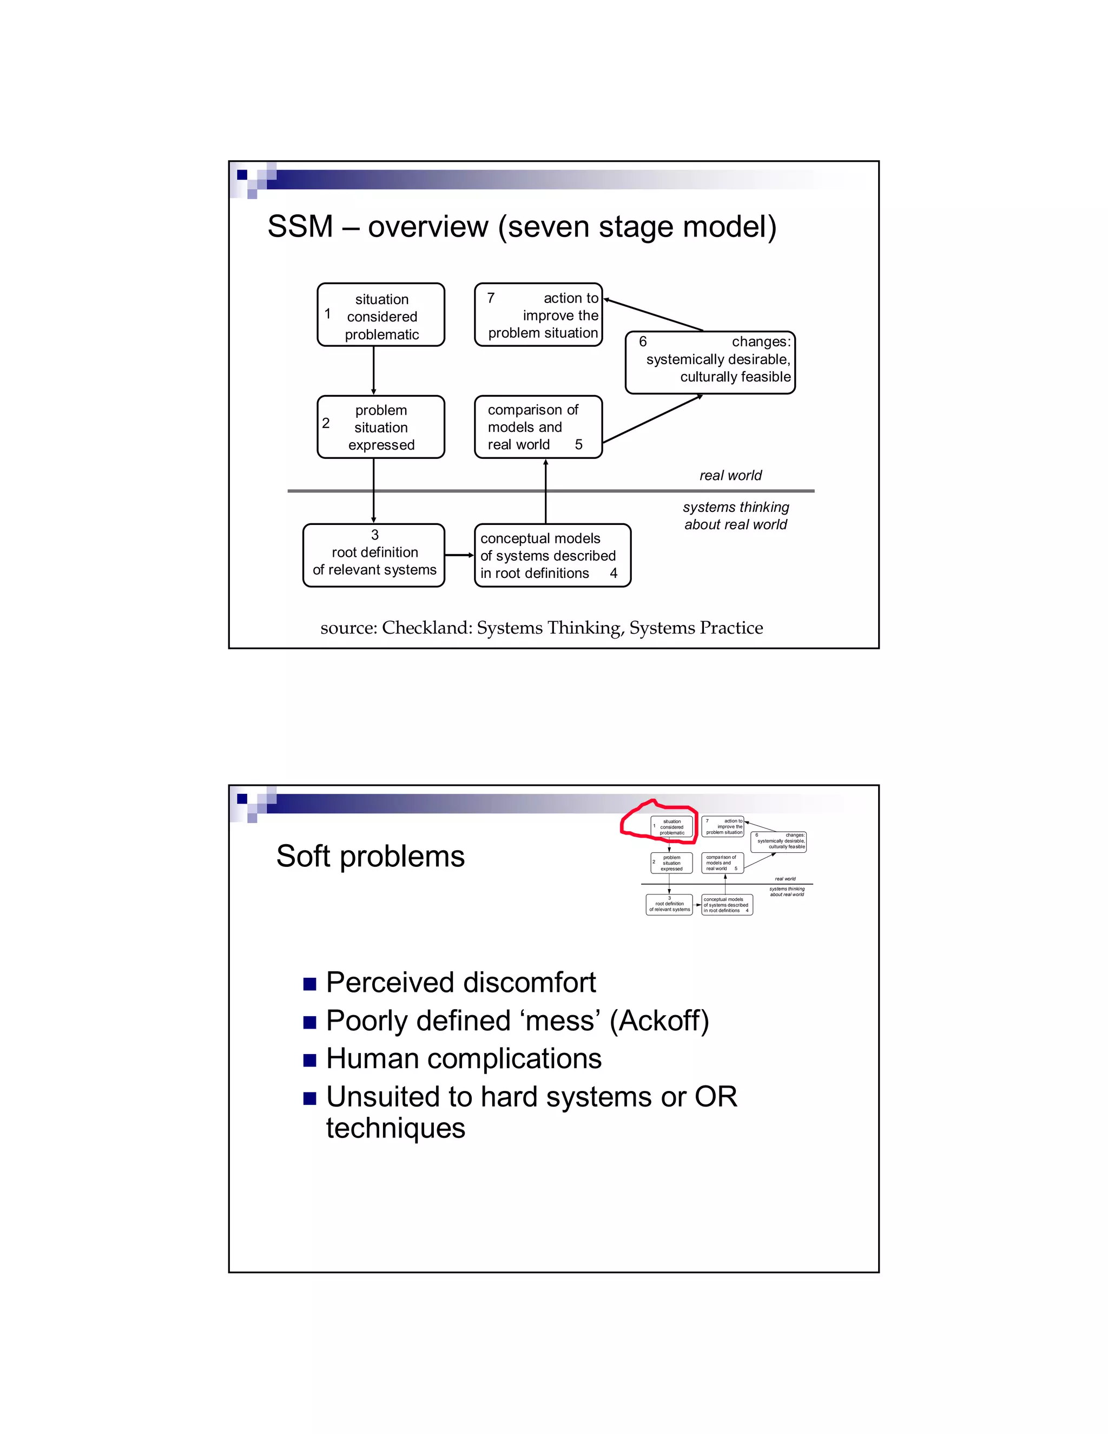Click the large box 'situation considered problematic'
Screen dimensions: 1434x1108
(x=381, y=315)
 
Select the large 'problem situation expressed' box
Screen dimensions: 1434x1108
(x=381, y=427)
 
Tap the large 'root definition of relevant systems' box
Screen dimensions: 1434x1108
(x=373, y=555)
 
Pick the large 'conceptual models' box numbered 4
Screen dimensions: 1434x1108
(x=552, y=555)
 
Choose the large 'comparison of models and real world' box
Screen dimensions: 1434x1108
(x=538, y=427)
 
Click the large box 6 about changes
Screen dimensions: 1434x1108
(x=710, y=363)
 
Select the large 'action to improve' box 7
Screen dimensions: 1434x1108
(x=538, y=315)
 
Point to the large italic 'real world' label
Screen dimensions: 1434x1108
(x=730, y=475)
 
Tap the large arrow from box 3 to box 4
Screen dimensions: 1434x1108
(x=459, y=555)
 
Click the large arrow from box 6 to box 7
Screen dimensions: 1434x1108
(x=653, y=314)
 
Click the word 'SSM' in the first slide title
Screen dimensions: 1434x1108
(x=300, y=227)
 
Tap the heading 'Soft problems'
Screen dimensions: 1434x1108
(x=370, y=856)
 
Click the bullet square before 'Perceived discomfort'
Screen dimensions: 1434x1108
(x=310, y=984)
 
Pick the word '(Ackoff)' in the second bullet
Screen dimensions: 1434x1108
(x=659, y=1021)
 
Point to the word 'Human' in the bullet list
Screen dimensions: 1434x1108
(x=372, y=1058)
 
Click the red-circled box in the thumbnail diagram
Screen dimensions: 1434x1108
(x=671, y=827)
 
